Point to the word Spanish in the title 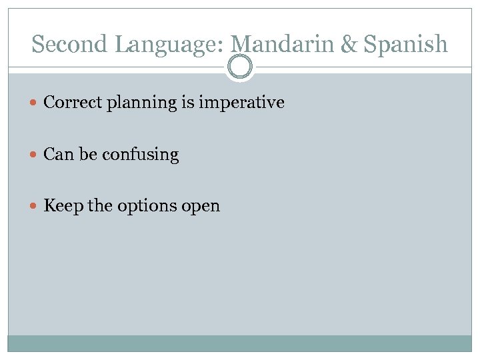coord(408,45)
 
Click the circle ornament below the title coord(240,67)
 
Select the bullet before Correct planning coord(35,103)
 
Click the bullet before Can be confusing coord(35,155)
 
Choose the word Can coord(58,155)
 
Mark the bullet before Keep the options coord(35,206)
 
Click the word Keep coord(63,207)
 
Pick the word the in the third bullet coord(100,206)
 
